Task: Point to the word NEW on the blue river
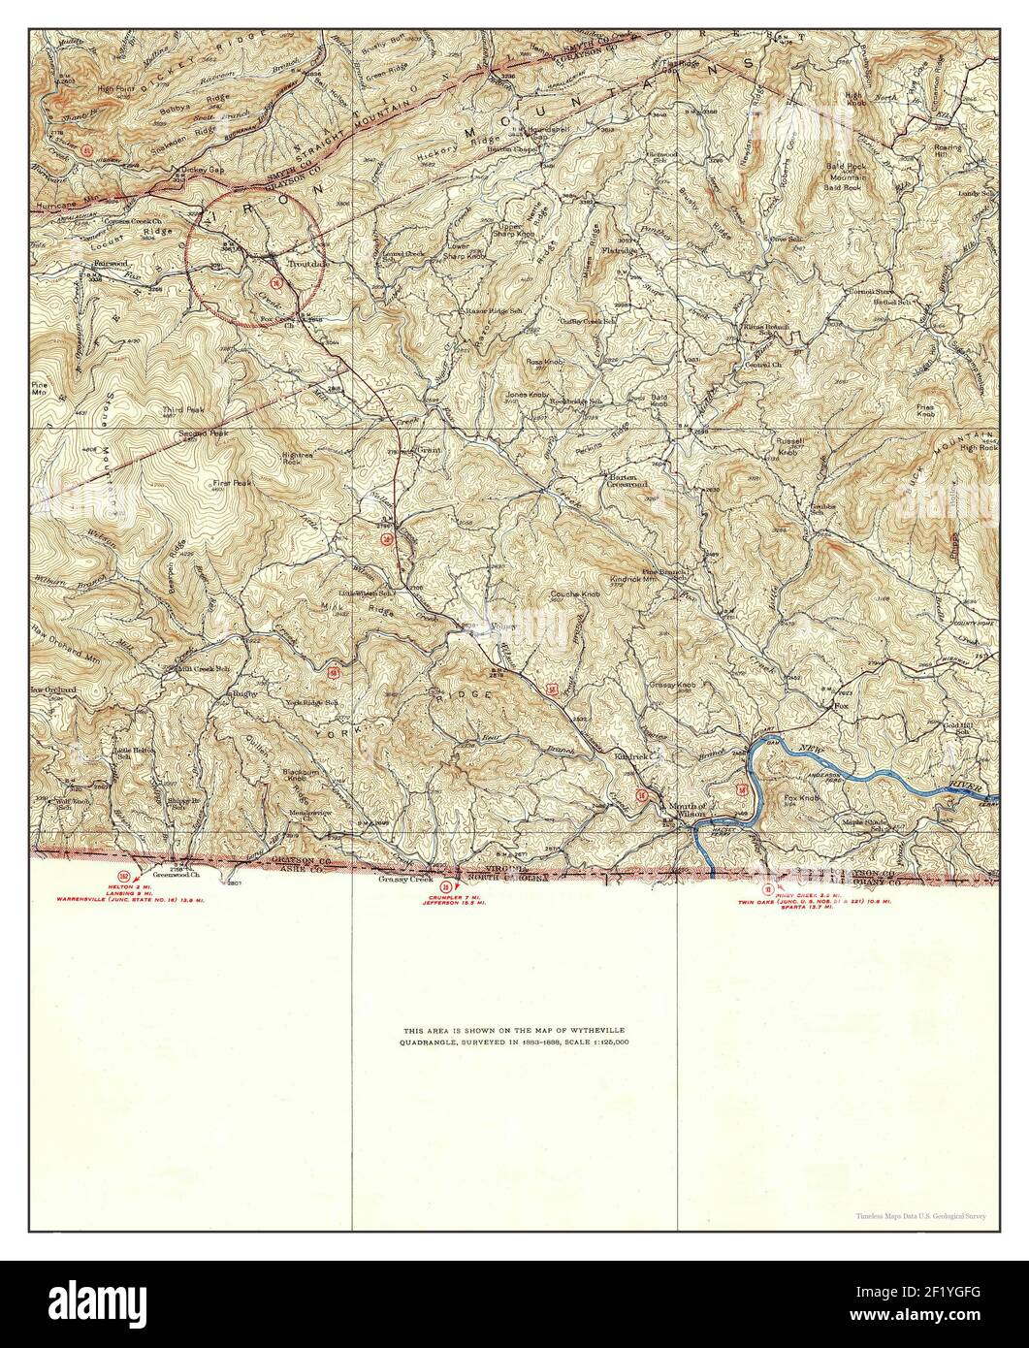[x=818, y=749]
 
